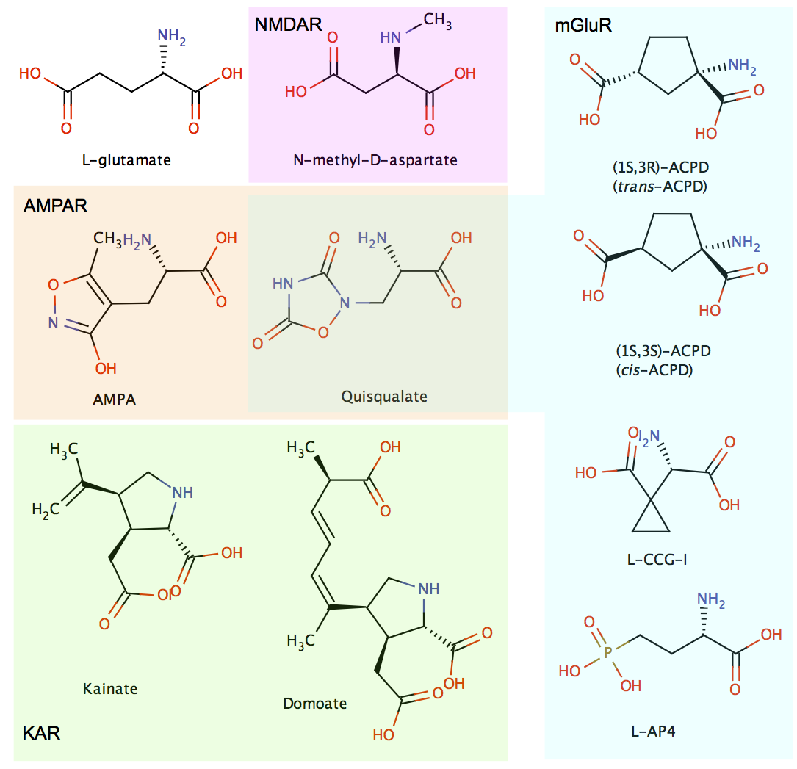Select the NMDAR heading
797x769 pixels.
click(288, 25)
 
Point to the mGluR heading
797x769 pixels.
click(583, 27)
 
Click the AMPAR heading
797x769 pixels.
click(55, 206)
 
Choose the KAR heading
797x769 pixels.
click(41, 733)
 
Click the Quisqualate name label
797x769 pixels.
click(384, 397)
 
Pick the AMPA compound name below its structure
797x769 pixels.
click(115, 400)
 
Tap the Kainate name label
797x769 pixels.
click(110, 688)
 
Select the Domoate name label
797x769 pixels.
click(314, 703)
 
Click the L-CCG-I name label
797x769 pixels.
click(657, 560)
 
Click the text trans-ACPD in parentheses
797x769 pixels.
click(659, 186)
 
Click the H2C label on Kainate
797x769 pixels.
click(46, 509)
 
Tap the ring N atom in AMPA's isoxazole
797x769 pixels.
click(54, 321)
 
